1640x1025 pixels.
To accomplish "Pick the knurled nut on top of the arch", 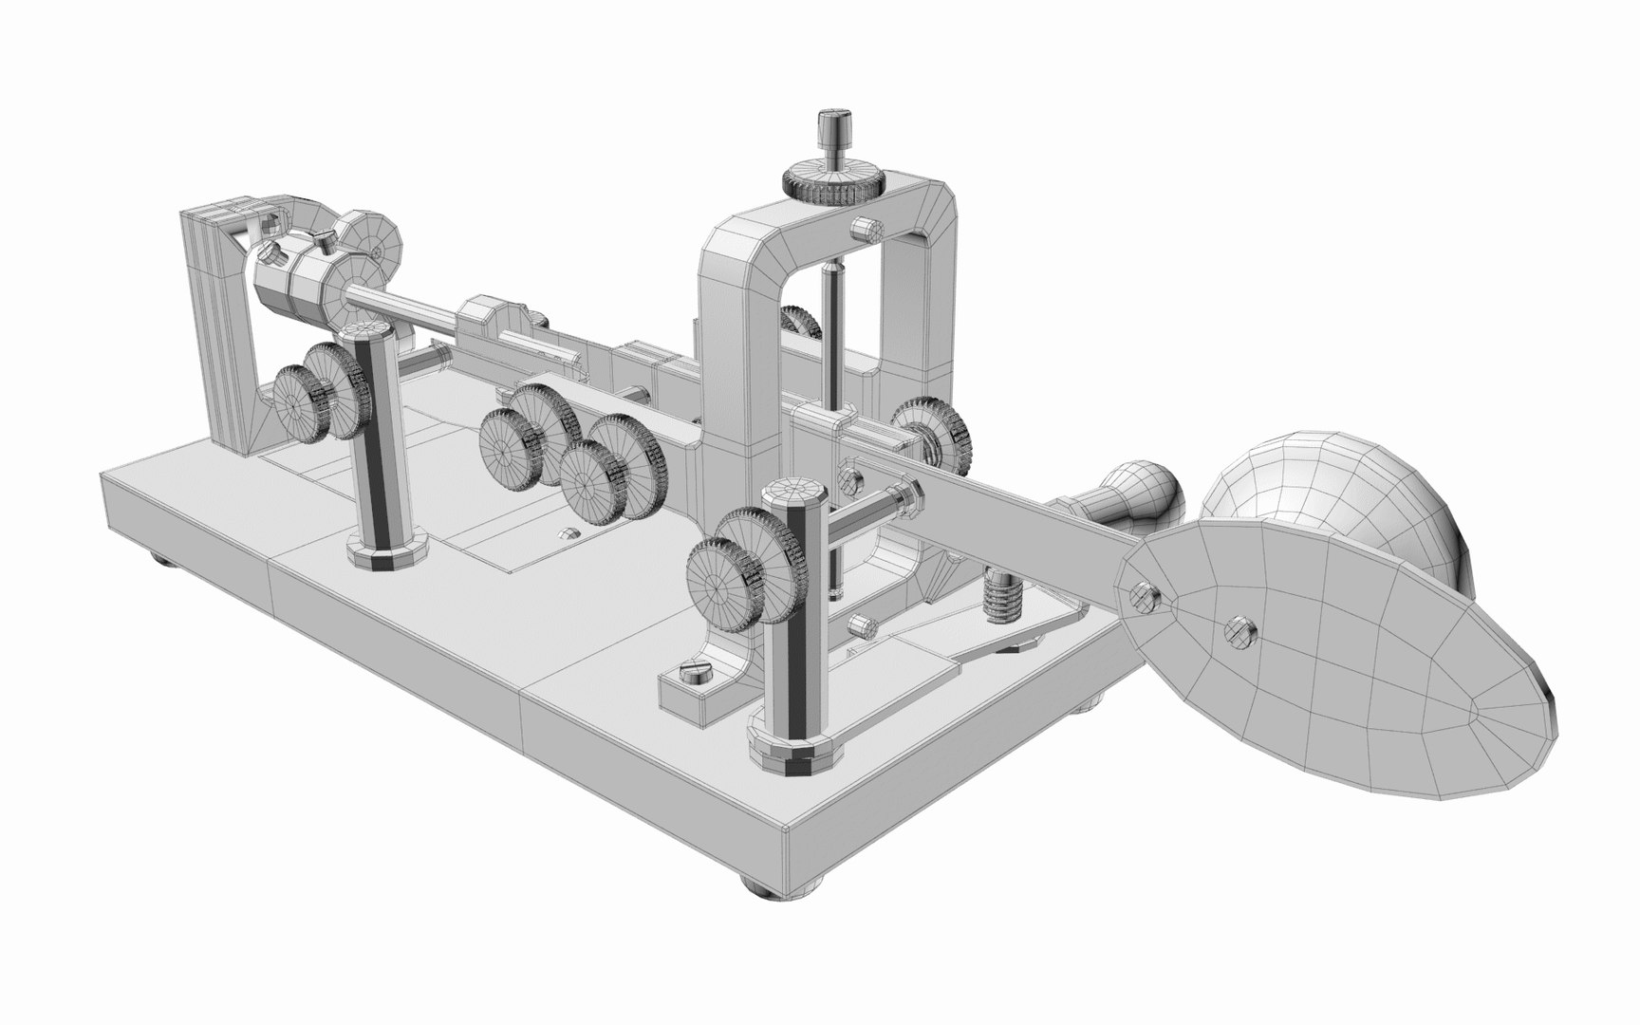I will (x=833, y=182).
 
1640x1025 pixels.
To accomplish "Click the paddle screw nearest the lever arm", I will (x=1144, y=594).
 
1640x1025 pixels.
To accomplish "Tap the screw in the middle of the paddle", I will (x=1240, y=630).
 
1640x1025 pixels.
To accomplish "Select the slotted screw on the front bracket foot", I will (x=693, y=676).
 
